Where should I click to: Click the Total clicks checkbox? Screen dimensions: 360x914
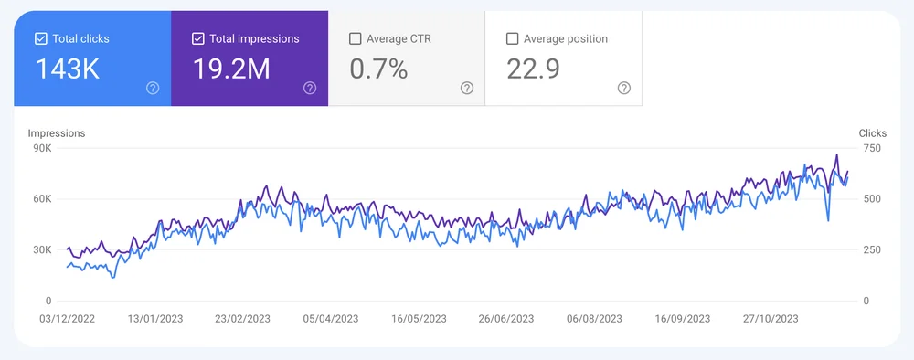click(x=40, y=39)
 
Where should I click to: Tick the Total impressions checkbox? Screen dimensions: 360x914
click(x=198, y=39)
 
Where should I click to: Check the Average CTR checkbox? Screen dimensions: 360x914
click(x=356, y=39)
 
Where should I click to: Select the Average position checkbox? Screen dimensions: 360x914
click(x=513, y=39)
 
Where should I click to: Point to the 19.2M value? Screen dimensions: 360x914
click(x=231, y=69)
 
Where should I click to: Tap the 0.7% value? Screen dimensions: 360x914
click(x=378, y=69)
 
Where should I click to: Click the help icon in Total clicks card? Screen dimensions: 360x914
click(x=153, y=88)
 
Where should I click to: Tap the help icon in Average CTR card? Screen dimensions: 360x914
click(x=467, y=88)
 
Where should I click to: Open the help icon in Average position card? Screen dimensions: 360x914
click(x=624, y=88)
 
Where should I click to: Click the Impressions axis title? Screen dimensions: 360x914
click(x=57, y=133)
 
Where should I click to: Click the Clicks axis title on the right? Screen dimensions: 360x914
click(x=872, y=133)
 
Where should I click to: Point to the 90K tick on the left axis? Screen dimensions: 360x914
click(x=42, y=148)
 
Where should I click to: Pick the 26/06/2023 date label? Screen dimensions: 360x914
click(x=506, y=319)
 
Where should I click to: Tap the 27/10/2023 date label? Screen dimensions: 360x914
click(x=770, y=319)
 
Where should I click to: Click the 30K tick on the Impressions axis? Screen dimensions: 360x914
click(x=42, y=249)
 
